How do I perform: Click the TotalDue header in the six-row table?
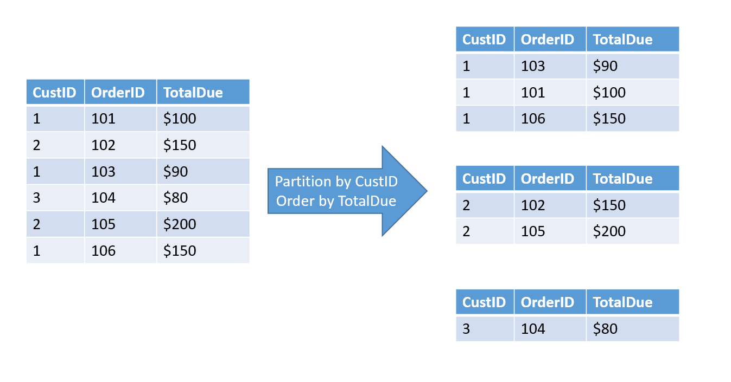(x=193, y=93)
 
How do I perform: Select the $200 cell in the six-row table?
(x=180, y=224)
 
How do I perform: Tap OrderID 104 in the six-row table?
(x=103, y=198)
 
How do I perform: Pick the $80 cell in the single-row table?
(x=605, y=329)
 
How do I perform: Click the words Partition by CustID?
(x=336, y=182)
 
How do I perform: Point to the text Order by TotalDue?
(x=336, y=201)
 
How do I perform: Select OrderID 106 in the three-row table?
(x=533, y=119)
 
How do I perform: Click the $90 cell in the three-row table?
(x=605, y=66)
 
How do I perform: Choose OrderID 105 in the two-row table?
(x=533, y=231)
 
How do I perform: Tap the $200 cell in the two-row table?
(x=609, y=231)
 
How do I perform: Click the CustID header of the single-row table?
(x=484, y=302)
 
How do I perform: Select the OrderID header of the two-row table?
(x=547, y=179)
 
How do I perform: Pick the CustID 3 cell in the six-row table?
(x=36, y=198)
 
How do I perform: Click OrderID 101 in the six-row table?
(x=103, y=119)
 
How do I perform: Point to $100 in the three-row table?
(x=609, y=93)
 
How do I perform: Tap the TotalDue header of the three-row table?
(x=622, y=40)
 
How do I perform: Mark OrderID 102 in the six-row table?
(x=103, y=145)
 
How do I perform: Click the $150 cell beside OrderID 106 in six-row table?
(x=180, y=250)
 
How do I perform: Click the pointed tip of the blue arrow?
(x=426, y=191)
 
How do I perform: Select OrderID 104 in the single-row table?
(x=533, y=329)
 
